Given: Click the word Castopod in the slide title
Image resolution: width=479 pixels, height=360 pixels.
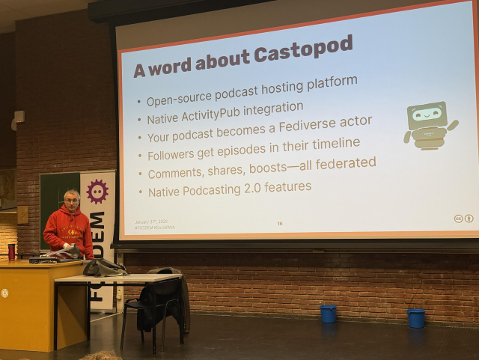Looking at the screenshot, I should coord(303,52).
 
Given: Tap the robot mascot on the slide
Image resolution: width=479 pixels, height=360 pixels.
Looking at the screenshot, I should coord(429,125).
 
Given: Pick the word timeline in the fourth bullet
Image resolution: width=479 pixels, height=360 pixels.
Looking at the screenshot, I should coord(331,143).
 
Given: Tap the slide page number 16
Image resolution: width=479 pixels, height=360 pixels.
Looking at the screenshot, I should coord(280,223).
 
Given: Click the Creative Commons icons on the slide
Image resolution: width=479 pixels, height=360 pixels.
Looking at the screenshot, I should coord(463,219).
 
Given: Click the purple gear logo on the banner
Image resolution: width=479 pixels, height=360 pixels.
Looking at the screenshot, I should coord(97,192).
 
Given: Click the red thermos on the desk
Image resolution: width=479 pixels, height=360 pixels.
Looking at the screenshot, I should coord(12,251).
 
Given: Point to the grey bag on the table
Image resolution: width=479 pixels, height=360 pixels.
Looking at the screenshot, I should coord(103,267).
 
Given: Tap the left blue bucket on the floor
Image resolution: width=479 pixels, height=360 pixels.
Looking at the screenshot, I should coord(328,314).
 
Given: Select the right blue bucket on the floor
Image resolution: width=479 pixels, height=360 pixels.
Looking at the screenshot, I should coord(416,318).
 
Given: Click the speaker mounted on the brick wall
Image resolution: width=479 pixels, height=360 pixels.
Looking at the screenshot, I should coord(19,118).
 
